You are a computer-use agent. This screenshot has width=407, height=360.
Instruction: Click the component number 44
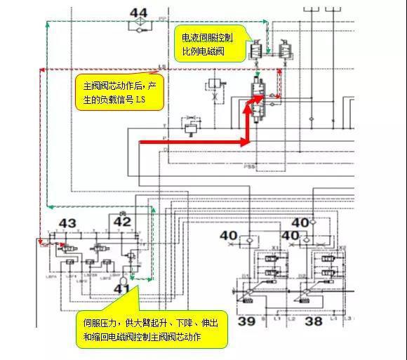tap(139, 13)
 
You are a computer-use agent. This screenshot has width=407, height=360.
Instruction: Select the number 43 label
tap(67, 224)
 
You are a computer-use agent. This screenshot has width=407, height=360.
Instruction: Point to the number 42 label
tap(123, 222)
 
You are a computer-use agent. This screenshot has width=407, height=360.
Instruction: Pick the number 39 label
tap(246, 321)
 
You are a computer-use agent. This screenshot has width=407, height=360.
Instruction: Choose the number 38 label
tap(314, 321)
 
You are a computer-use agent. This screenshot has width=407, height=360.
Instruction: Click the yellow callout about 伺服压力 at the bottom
tap(152, 330)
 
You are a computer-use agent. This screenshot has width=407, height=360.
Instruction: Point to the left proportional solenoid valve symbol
tap(255, 49)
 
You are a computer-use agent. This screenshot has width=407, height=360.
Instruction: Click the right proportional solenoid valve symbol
tap(284, 49)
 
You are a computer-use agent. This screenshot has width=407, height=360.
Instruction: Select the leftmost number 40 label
tap(229, 236)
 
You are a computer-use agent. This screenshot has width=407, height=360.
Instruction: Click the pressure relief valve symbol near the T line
tap(189, 128)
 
